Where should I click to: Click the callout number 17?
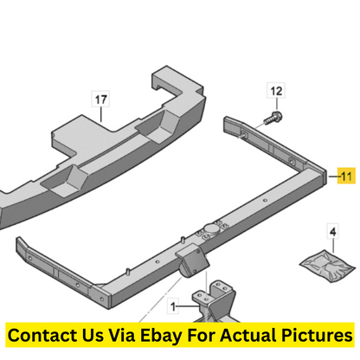click(100, 100)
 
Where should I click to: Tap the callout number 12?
click(276, 91)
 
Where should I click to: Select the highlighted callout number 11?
click(346, 176)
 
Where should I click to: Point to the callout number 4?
click(333, 231)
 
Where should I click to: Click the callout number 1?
click(173, 306)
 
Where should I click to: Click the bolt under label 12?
click(273, 118)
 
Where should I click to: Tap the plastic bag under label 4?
click(327, 265)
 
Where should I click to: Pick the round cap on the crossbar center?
click(211, 229)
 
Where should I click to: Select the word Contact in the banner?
click(42, 335)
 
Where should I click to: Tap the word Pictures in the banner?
click(317, 335)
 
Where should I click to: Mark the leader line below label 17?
click(101, 115)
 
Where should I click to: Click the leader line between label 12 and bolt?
click(276, 104)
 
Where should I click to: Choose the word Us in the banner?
click(93, 335)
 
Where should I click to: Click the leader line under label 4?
click(333, 245)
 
